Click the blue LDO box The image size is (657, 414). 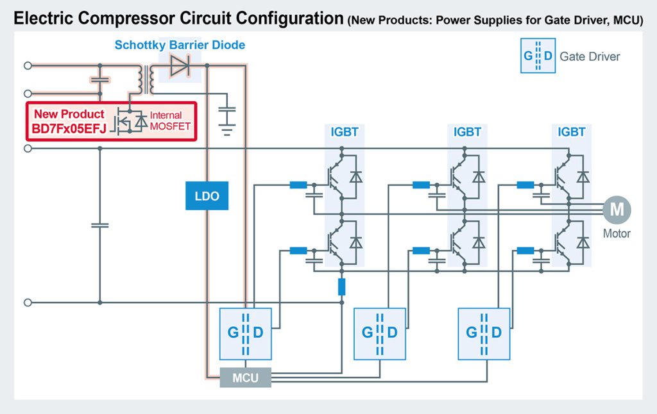click(207, 197)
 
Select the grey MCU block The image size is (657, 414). click(245, 377)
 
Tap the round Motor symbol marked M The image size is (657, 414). click(617, 210)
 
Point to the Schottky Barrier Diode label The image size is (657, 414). click(180, 45)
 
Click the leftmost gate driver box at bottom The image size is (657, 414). click(245, 333)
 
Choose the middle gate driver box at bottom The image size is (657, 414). click(380, 333)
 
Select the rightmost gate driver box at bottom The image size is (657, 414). click(484, 333)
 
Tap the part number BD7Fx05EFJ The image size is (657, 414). click(70, 127)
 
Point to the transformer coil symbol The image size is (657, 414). click(144, 79)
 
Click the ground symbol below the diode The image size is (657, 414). click(226, 131)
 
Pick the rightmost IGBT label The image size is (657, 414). click(571, 132)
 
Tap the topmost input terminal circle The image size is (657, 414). click(28, 65)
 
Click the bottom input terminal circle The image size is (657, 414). click(28, 302)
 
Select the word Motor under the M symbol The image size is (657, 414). click(617, 233)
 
